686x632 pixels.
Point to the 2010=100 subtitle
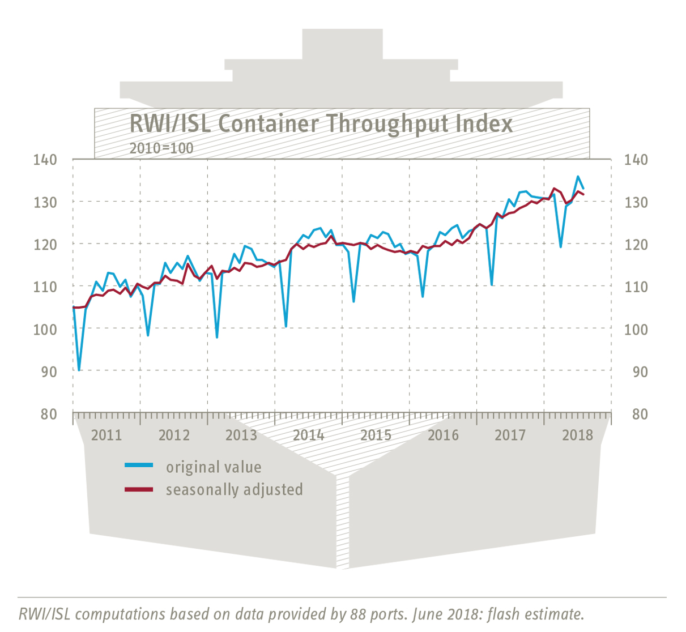(x=161, y=148)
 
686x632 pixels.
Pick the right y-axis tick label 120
(x=636, y=245)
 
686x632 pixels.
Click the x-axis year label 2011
(x=106, y=435)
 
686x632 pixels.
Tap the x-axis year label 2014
(x=308, y=435)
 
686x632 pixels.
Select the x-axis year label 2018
(x=577, y=435)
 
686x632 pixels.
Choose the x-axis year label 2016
(x=443, y=435)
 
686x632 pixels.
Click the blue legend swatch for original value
(x=139, y=466)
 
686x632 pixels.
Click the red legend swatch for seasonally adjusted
(x=139, y=489)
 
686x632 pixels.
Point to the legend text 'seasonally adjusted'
(x=234, y=489)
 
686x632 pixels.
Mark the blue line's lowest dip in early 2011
(x=79, y=370)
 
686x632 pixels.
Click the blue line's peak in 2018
(x=578, y=177)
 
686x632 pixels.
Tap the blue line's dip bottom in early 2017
(x=492, y=284)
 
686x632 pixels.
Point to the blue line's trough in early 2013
(x=217, y=338)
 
